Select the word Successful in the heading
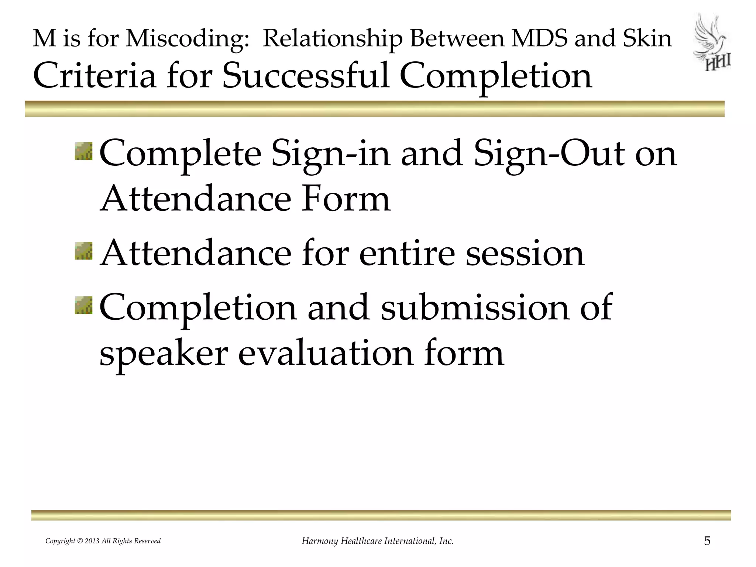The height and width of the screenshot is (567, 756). click(306, 76)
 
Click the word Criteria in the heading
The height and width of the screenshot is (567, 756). click(94, 76)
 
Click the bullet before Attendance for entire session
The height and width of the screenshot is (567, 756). click(84, 251)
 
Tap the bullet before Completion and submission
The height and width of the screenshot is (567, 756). click(84, 305)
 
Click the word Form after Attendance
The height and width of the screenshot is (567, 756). click(346, 199)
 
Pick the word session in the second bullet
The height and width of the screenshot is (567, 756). click(525, 253)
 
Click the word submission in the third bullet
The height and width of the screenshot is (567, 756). click(475, 307)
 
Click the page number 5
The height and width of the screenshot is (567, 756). click(707, 541)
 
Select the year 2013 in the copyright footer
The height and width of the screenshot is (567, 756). click(92, 541)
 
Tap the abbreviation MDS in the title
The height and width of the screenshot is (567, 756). click(539, 38)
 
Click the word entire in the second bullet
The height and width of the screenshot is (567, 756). click(407, 253)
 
